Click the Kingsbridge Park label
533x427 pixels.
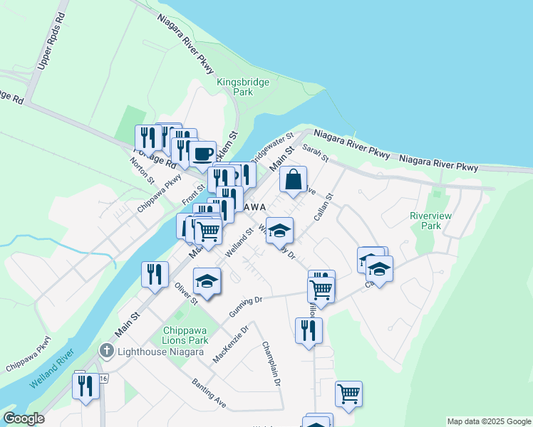[244, 87]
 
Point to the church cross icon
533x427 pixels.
[106, 350]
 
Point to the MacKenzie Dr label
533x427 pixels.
[231, 344]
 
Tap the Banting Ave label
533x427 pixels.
[209, 394]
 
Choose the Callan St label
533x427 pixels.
[322, 206]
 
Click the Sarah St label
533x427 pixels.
[314, 152]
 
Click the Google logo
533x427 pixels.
[24, 418]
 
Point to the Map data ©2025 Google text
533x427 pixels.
[488, 421]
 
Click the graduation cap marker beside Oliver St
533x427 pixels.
[207, 280]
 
